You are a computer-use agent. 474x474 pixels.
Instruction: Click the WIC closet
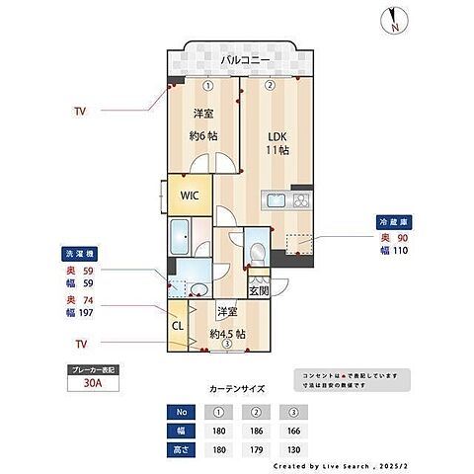point(190,195)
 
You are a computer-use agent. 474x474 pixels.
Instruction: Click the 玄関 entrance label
point(257,290)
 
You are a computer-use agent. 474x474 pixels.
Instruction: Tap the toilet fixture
point(257,252)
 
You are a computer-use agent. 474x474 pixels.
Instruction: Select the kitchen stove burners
point(299,200)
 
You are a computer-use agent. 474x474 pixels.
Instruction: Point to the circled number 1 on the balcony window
point(207,85)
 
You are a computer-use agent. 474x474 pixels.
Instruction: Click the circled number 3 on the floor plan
point(226,345)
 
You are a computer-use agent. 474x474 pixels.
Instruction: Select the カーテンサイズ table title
point(236,390)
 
